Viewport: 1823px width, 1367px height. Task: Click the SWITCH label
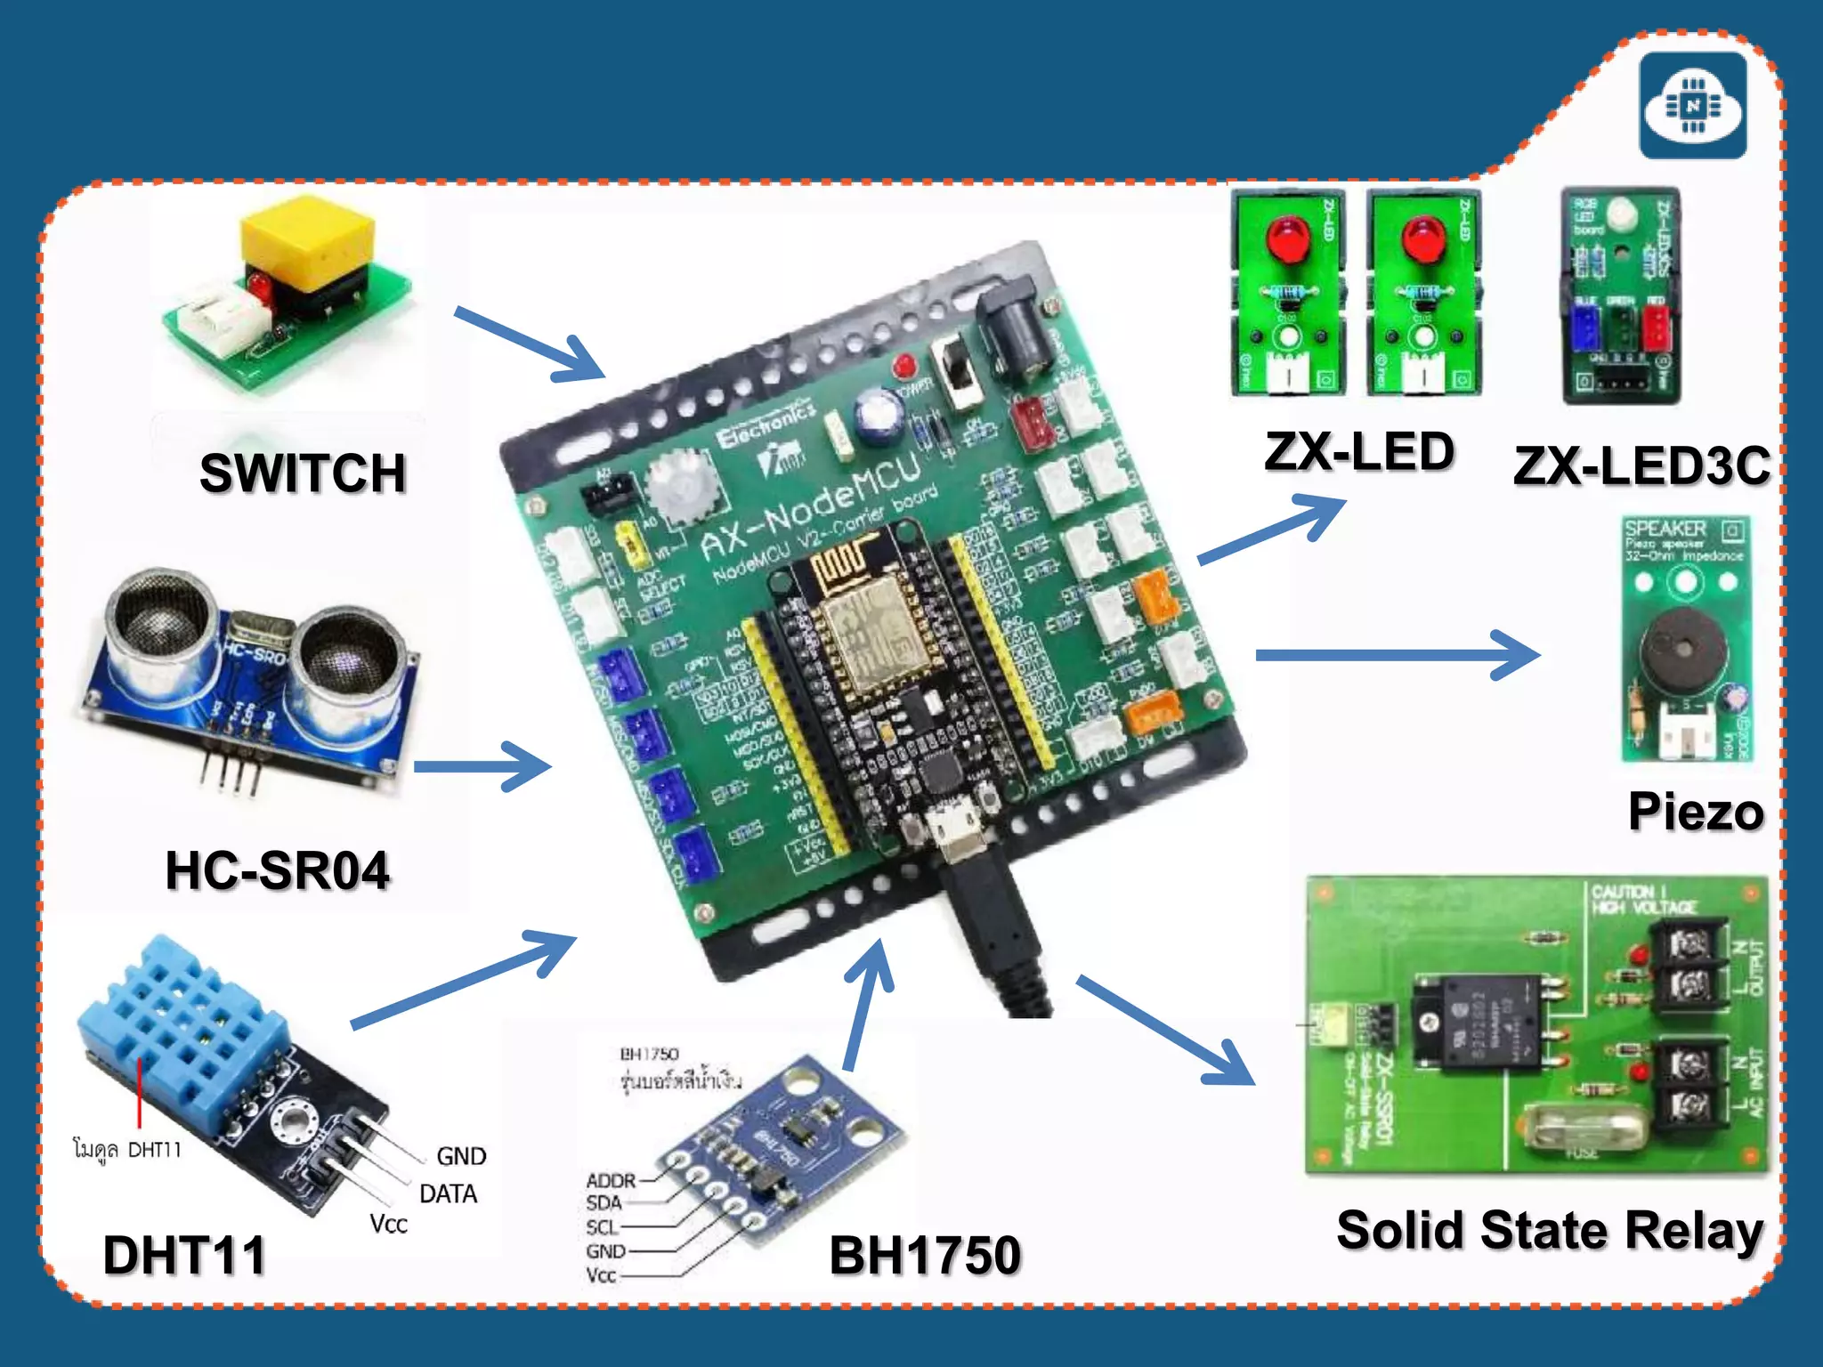point(303,473)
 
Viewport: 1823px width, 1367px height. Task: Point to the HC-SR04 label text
point(277,870)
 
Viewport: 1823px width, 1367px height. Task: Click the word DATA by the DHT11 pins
point(448,1193)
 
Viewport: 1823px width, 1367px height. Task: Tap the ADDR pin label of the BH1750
point(611,1180)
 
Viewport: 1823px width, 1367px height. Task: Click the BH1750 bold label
point(924,1255)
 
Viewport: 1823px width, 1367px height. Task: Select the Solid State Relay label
point(1550,1231)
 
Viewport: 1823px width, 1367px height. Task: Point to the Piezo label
point(1695,812)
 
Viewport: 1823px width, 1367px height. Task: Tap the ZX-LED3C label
point(1641,465)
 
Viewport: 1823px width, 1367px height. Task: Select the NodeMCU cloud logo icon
point(1693,105)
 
